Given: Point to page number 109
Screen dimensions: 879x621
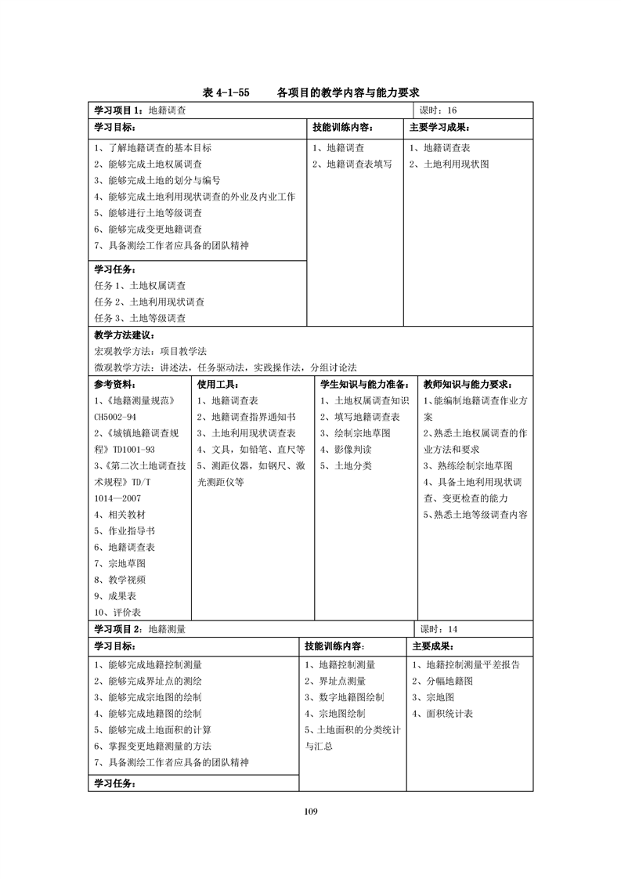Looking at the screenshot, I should coord(310,811).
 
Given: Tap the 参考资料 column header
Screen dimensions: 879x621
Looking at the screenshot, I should coord(114,385).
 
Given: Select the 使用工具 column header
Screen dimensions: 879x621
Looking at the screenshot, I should coord(218,385).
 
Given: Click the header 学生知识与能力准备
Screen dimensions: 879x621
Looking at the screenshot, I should coord(365,385).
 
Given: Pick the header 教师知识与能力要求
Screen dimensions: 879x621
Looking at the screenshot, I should coord(468,385).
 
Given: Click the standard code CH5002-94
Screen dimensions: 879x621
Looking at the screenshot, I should coord(115,417).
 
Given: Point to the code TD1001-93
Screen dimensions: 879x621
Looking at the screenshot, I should coord(134,450).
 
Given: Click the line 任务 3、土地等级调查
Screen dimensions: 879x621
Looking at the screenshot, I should coord(140,318).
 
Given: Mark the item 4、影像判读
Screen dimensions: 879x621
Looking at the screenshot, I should coord(346,450).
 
